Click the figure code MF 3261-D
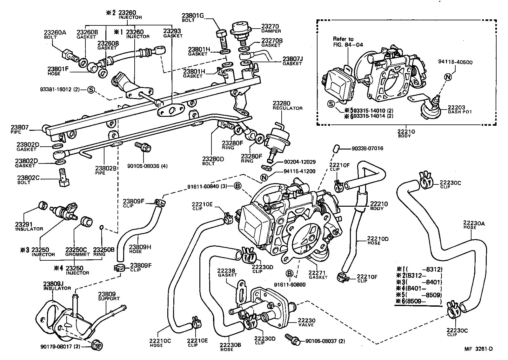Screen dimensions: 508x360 478,349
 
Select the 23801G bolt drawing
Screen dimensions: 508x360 221,38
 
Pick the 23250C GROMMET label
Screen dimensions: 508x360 76,252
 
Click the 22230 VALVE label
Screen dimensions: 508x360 306,322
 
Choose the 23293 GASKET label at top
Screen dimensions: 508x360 172,33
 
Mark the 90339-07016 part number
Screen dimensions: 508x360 368,148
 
